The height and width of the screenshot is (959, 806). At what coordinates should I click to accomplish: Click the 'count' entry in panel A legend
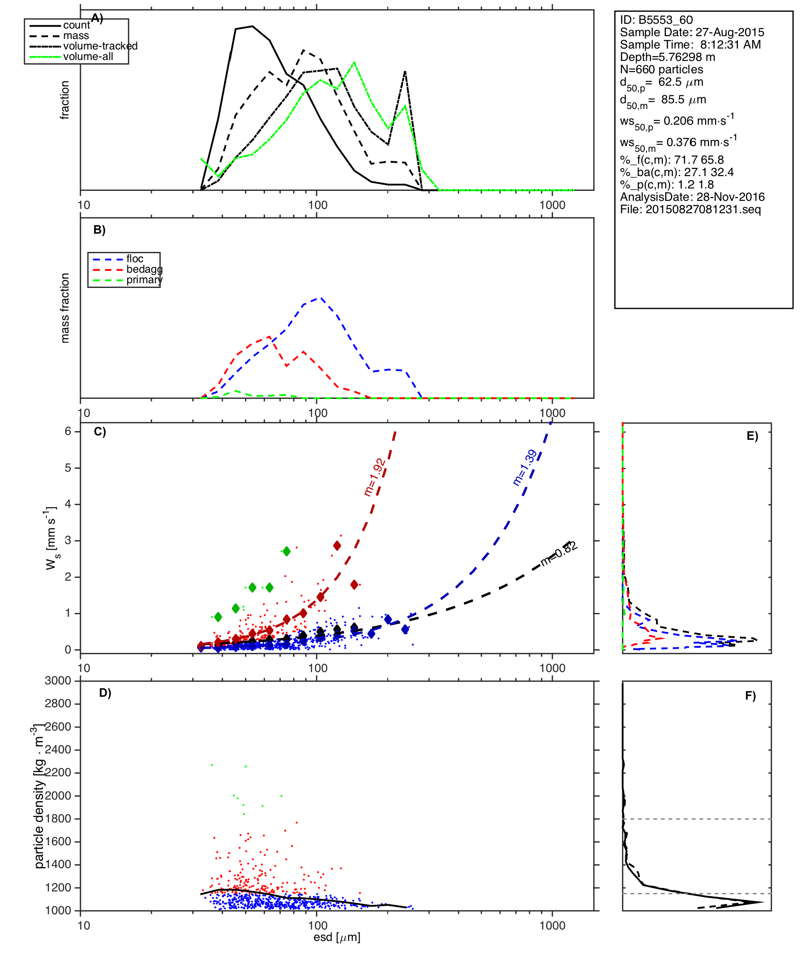click(76, 25)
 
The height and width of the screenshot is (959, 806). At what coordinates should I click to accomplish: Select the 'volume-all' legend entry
click(88, 57)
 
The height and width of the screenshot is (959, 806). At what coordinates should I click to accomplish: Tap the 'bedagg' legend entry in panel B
click(144, 269)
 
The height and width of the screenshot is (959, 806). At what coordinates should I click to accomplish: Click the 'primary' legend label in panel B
click(144, 280)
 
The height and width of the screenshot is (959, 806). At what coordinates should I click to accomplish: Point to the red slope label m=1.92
click(374, 477)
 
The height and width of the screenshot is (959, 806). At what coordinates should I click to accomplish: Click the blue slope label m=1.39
click(525, 467)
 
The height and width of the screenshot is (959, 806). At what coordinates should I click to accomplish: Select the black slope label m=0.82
click(559, 554)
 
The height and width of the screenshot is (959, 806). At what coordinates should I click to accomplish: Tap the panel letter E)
click(752, 436)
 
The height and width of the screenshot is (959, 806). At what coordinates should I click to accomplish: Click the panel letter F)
click(750, 696)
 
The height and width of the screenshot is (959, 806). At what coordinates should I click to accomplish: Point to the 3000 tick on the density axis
click(58, 681)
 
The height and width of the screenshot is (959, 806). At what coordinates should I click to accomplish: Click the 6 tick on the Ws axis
click(68, 431)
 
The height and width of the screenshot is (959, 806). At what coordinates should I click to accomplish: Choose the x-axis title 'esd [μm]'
click(337, 937)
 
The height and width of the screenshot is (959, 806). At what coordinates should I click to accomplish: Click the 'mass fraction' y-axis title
click(65, 308)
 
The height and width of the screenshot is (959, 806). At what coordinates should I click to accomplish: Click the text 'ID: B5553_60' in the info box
click(656, 20)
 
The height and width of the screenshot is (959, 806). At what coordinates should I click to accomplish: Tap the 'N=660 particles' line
click(661, 69)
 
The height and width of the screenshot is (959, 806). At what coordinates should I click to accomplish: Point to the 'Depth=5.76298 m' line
click(667, 57)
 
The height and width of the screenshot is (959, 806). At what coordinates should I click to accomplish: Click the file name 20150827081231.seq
click(703, 209)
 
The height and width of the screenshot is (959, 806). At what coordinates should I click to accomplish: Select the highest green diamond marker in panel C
click(286, 551)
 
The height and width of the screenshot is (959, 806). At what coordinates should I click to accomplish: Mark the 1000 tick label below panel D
click(552, 925)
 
